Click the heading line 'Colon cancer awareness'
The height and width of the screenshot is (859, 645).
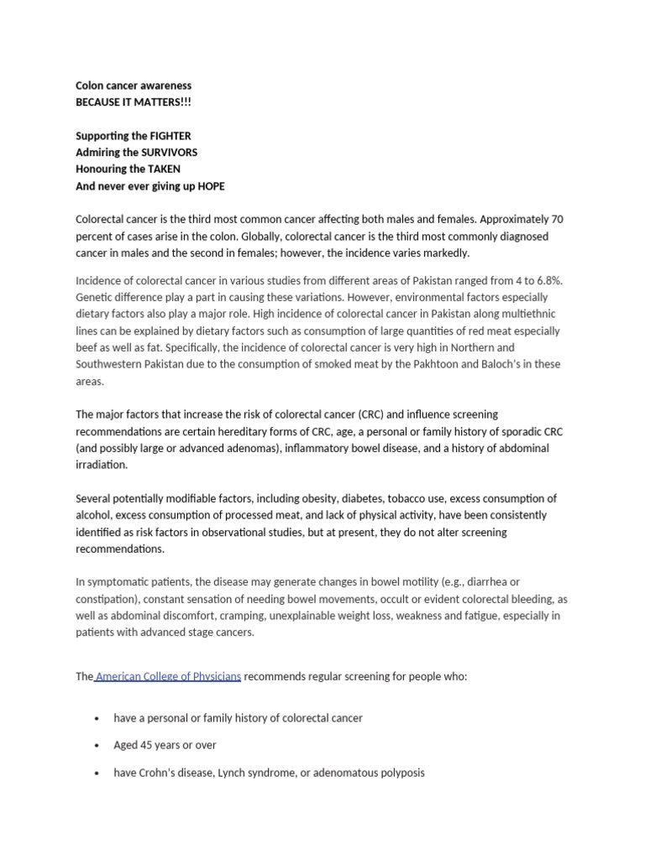134,86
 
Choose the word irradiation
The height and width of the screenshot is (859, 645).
102,465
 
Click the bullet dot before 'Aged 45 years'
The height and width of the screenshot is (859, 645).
98,746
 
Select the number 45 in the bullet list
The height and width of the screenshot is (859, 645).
149,745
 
